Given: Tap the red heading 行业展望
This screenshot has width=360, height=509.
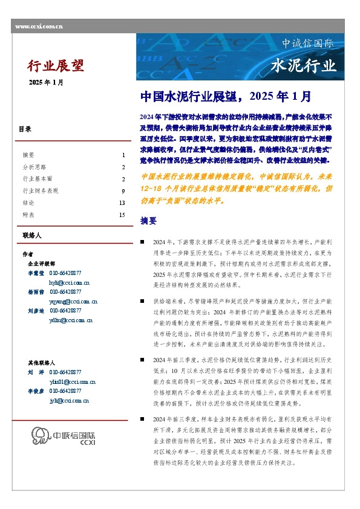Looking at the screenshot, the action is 55,65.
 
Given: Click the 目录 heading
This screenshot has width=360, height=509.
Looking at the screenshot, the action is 25,129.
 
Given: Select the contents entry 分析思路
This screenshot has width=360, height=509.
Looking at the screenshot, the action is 34,167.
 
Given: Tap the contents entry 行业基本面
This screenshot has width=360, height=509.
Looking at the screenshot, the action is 38,179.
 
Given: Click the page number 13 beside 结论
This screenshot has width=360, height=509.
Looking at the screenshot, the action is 122,203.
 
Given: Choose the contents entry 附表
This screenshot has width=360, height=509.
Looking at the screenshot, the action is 28,215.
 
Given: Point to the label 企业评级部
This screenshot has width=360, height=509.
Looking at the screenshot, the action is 41,264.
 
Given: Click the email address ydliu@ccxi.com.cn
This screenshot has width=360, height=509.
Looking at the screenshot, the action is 70,320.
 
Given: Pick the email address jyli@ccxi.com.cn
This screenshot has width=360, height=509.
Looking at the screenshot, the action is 69,400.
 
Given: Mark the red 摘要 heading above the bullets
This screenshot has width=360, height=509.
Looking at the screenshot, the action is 148,220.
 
